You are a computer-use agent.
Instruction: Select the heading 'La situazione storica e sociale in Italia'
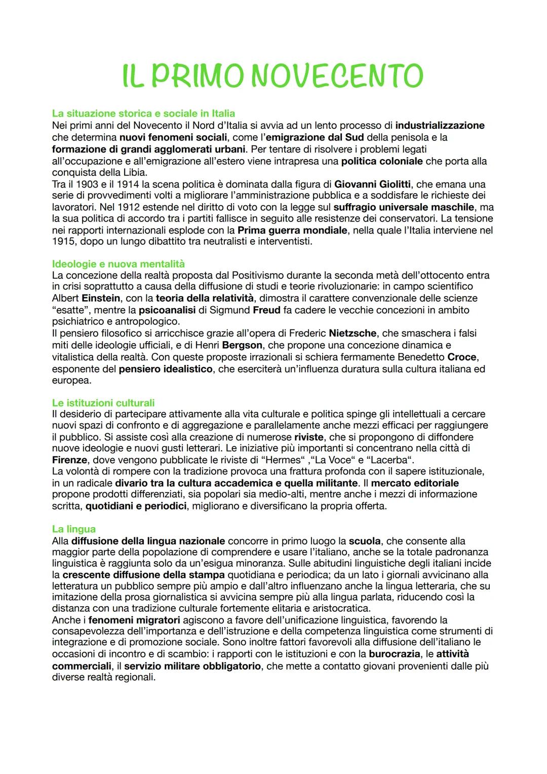143,113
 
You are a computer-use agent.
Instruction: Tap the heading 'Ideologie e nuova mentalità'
119,264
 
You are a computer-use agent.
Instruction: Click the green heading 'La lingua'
74,529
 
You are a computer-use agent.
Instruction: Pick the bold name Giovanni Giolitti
372,184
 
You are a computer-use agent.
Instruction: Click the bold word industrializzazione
440,125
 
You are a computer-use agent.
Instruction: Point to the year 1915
63,242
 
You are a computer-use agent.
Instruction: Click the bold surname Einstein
101,298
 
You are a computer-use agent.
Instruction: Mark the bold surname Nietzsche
353,334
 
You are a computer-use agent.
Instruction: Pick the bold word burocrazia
394,654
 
